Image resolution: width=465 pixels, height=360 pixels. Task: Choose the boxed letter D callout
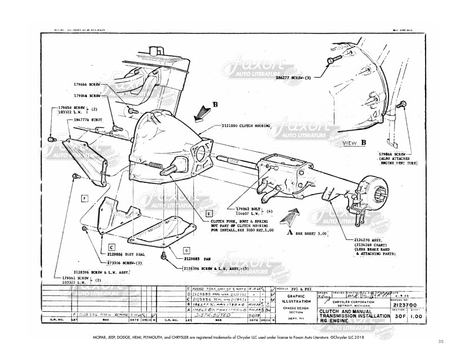tap(185, 250)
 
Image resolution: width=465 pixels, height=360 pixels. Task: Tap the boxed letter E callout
tap(209, 214)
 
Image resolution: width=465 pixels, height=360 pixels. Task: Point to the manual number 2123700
tap(399, 306)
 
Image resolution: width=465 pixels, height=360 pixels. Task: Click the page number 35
tap(441, 341)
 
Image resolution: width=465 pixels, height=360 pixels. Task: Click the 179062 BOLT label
tap(248, 208)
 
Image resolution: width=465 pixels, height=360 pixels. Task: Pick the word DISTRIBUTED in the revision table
tap(216, 314)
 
